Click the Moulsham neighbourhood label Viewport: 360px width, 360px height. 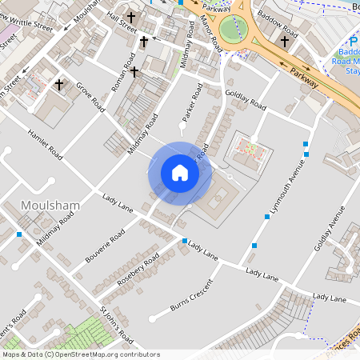[50, 206]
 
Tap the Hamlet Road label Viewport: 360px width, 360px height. [44, 145]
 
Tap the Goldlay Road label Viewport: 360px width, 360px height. [246, 100]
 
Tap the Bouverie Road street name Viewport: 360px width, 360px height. [104, 248]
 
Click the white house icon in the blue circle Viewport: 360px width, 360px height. [180, 173]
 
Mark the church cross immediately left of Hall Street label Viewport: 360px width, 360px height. [130, 17]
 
